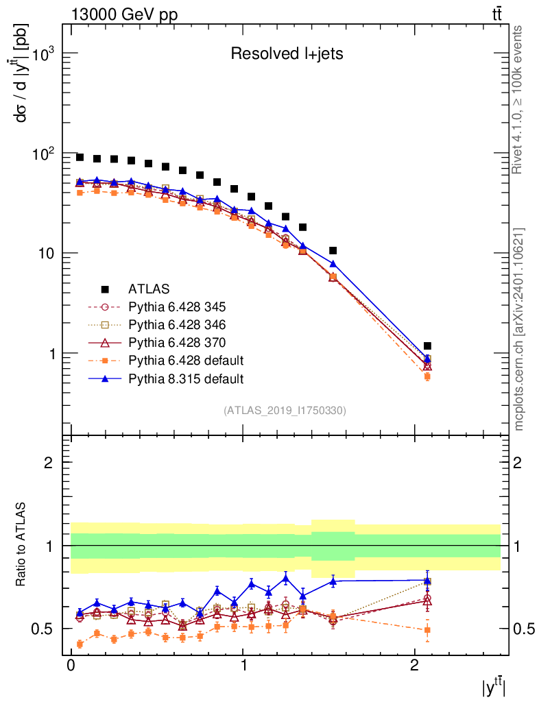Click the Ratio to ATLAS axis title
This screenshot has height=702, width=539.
click(21, 543)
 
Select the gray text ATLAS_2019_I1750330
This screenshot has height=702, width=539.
click(285, 411)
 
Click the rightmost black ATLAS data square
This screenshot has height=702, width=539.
click(427, 346)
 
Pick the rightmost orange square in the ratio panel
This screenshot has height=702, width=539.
click(427, 630)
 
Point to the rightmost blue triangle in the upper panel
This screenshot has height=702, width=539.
click(427, 359)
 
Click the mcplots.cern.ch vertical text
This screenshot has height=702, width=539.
click(519, 329)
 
